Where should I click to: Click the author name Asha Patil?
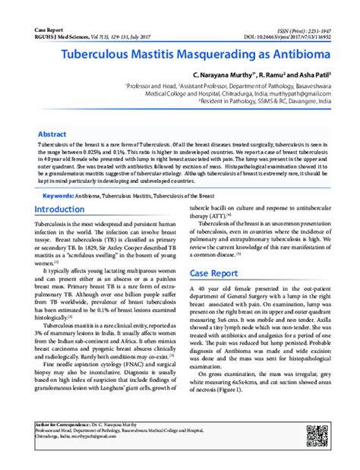click(311, 77)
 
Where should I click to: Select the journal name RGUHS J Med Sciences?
click(50, 36)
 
